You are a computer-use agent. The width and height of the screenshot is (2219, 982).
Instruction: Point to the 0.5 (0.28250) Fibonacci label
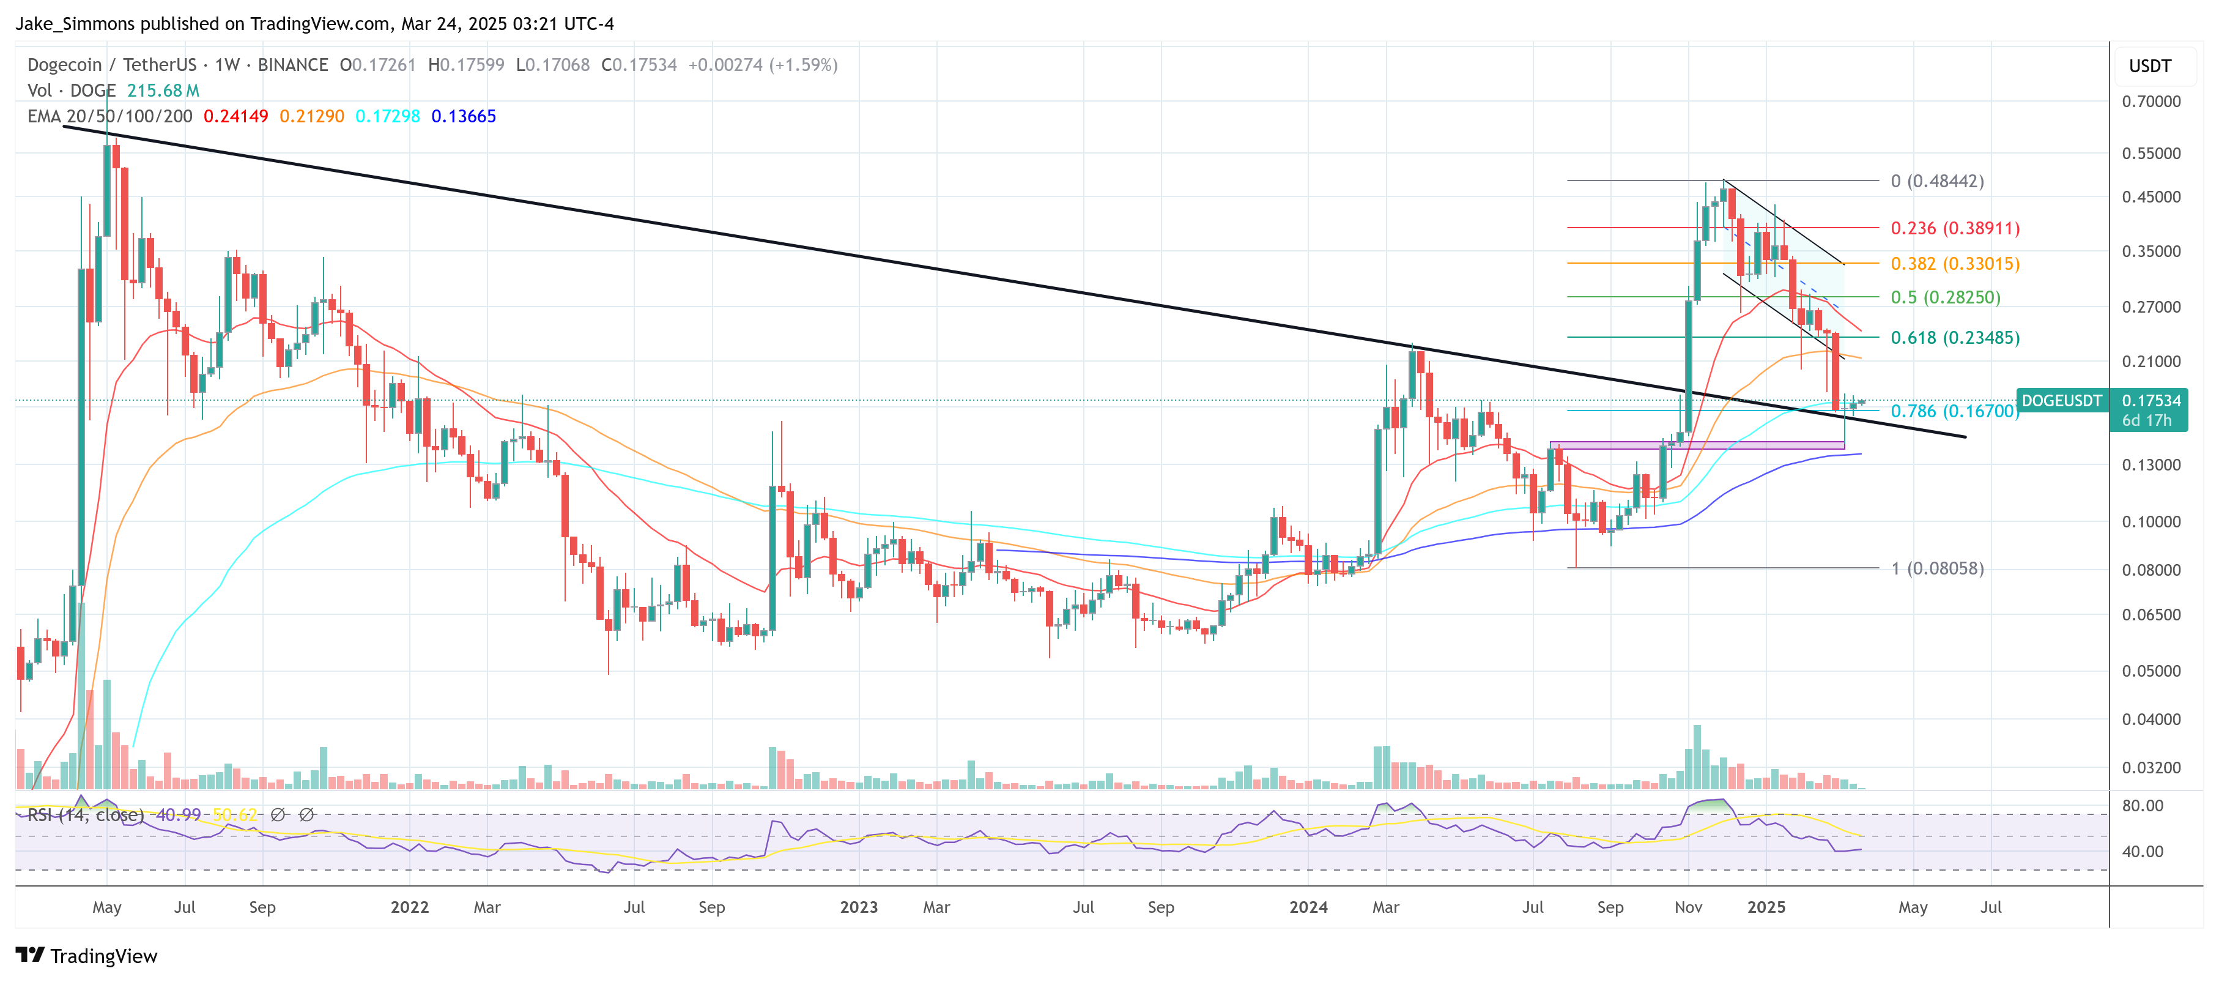tap(1944, 297)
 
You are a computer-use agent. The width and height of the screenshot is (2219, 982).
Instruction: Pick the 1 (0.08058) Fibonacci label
tap(1936, 568)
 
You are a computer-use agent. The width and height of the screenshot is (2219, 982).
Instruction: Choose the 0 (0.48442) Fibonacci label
tap(1936, 181)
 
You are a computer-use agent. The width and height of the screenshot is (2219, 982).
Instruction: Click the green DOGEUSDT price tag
tap(2061, 401)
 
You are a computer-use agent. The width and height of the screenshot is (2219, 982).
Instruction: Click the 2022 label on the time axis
tap(409, 907)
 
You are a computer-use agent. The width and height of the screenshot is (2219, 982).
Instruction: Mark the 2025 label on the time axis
tap(1766, 907)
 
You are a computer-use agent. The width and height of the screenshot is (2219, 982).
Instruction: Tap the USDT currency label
tap(2149, 66)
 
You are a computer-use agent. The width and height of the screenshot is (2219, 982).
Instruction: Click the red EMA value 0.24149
tap(235, 116)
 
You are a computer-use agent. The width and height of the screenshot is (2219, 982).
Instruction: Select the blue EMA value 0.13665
tap(464, 116)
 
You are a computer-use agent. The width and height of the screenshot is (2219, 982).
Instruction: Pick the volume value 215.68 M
tap(163, 91)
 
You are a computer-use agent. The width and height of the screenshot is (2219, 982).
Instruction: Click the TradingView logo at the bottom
tap(87, 956)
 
